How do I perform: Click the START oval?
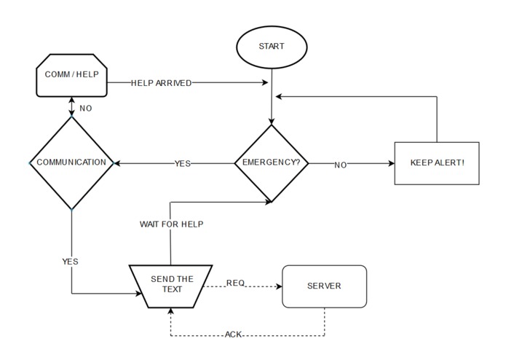click(272, 46)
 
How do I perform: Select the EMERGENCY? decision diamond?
click(272, 163)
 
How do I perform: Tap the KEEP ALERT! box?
click(436, 163)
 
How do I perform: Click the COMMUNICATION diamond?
click(71, 163)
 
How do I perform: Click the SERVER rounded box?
click(324, 286)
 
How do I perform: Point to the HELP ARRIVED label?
click(161, 83)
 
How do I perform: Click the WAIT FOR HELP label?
click(171, 224)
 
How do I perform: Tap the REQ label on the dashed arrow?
click(235, 283)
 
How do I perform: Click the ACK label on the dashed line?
click(234, 335)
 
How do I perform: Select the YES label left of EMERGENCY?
click(182, 164)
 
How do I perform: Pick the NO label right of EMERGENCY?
click(340, 165)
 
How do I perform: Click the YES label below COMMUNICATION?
click(70, 261)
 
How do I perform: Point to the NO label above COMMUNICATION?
click(85, 108)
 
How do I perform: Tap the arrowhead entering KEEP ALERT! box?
click(390, 164)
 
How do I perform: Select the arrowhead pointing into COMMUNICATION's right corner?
click(119, 163)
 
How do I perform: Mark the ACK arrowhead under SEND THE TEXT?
click(170, 312)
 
